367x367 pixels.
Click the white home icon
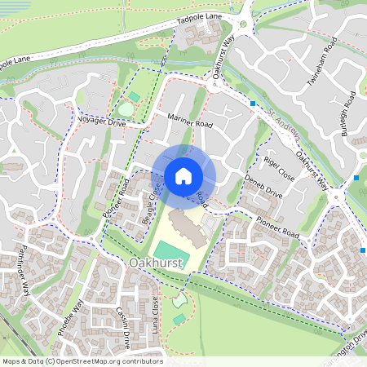tap(183, 175)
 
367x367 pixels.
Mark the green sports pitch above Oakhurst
tap(173, 252)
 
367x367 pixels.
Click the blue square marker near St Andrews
tap(254, 104)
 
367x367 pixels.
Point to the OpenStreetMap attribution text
tap(82, 361)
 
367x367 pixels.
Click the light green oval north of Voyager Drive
tap(126, 109)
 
